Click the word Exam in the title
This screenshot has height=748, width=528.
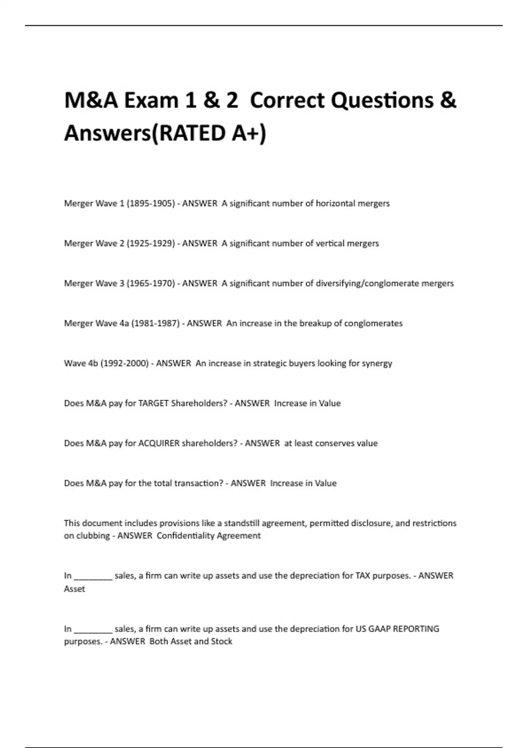151,100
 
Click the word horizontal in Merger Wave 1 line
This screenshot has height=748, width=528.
336,203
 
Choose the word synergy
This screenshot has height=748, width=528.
377,364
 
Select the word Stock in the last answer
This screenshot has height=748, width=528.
221,642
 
